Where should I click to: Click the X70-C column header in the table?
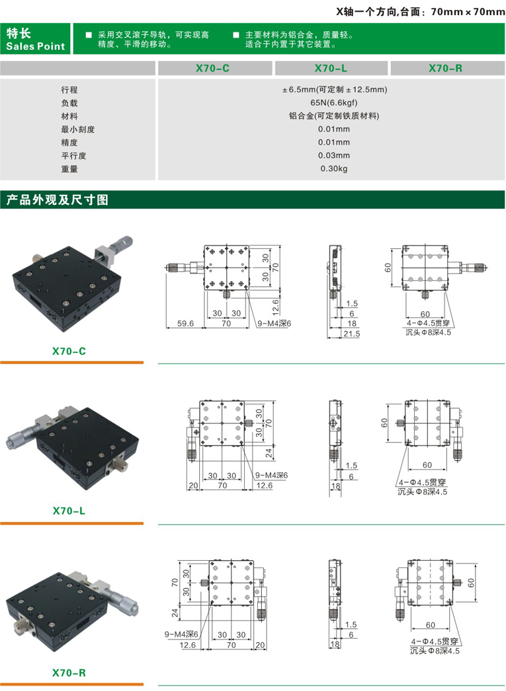[x=213, y=67]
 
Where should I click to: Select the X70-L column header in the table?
[x=331, y=67]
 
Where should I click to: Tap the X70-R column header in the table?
[x=446, y=67]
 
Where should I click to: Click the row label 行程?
[x=69, y=90]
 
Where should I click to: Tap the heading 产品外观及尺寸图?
[x=57, y=200]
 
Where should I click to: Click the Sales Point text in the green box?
[x=36, y=46]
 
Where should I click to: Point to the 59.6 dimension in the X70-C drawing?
[x=186, y=324]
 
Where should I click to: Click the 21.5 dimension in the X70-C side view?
[x=351, y=334]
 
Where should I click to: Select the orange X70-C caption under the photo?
[x=69, y=351]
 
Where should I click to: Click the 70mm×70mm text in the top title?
[x=468, y=11]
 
